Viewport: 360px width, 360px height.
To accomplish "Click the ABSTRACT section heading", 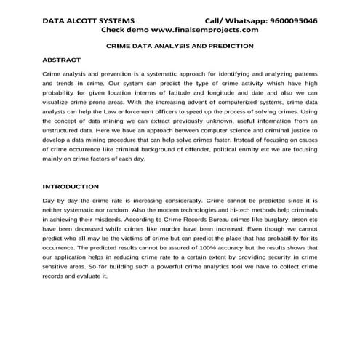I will [x=62, y=59].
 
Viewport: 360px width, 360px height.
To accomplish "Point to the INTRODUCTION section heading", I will [x=71, y=186].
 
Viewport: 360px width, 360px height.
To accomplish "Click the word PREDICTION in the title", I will [x=234, y=45].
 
